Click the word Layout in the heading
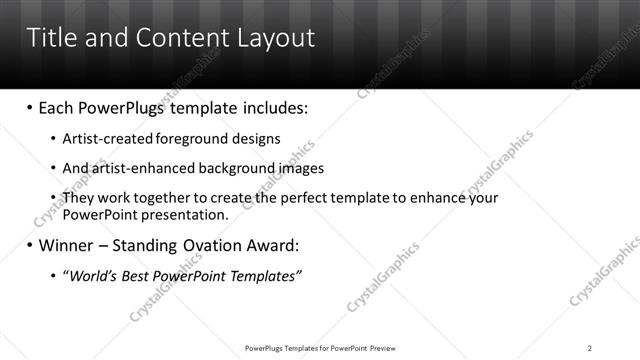pos(277,38)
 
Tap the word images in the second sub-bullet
pos(297,168)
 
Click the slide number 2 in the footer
pos(589,348)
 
